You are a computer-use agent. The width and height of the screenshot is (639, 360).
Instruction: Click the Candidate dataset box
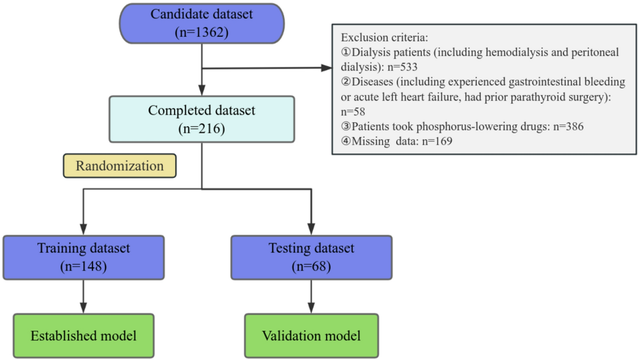point(201,23)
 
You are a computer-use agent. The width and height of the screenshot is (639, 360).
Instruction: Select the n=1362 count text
point(201,32)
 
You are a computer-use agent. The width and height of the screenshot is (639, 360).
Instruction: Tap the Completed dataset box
point(201,119)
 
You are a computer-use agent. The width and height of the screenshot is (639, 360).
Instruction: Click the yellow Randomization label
point(120,166)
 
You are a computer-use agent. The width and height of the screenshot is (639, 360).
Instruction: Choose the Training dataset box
point(83,258)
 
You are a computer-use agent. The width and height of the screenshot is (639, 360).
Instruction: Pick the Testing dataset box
point(311,258)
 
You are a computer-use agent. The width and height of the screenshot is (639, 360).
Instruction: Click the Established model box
point(83,336)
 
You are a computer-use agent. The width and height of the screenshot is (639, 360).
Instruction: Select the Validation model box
point(311,336)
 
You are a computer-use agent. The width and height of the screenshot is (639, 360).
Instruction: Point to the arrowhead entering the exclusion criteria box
point(327,68)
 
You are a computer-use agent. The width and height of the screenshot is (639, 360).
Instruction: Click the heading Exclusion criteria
point(384,38)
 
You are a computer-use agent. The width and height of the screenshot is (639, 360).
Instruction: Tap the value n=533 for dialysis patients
point(402,67)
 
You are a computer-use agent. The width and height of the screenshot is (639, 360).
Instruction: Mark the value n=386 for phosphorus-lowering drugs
point(568,127)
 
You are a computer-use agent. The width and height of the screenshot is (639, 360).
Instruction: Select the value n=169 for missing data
point(437,141)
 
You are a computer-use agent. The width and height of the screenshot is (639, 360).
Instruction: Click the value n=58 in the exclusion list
point(353,112)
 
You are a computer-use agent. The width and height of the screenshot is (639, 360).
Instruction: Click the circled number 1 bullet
point(346,52)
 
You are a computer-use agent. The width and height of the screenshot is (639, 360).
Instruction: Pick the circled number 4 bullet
point(346,141)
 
